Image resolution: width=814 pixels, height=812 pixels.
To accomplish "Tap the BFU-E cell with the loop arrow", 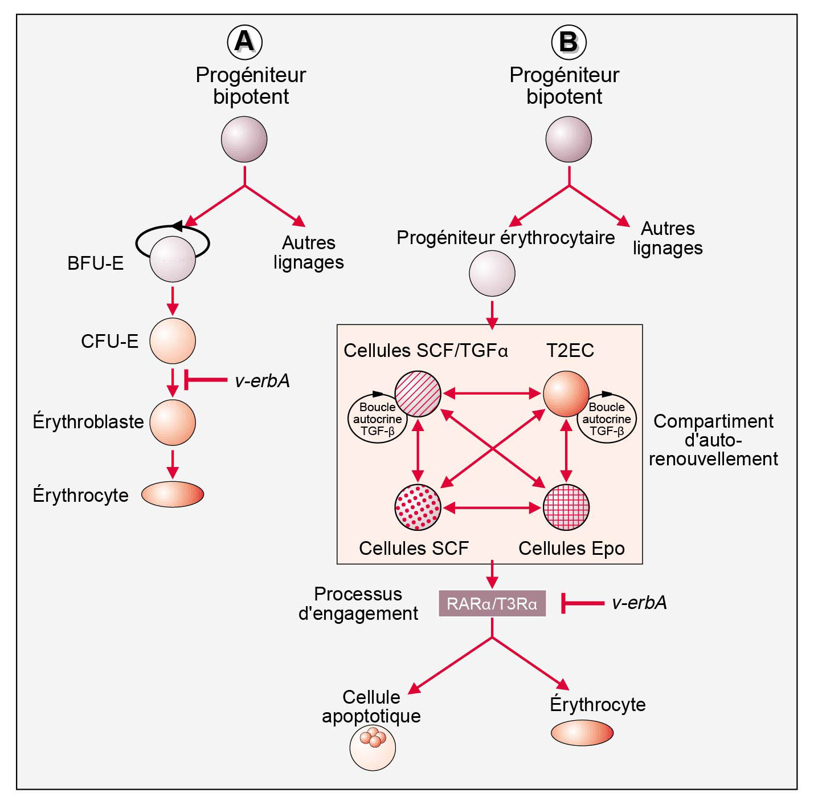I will point(173,259).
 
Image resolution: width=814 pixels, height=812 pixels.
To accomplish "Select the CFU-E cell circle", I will point(173,341).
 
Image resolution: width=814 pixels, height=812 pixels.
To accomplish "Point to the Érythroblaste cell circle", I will point(173,423).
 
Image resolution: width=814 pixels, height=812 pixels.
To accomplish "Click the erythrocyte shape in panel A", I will point(173,494).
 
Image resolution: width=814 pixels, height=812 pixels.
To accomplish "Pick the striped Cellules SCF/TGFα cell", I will point(418,393).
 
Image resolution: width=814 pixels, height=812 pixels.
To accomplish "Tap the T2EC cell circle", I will point(566,393).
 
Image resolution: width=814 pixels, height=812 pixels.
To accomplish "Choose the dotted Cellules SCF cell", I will point(418,507).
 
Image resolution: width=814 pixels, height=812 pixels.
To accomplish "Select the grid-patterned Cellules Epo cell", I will point(566,507).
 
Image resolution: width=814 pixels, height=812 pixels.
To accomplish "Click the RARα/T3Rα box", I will point(492,603).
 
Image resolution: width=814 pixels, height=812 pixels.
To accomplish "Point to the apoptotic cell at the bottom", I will point(373,748).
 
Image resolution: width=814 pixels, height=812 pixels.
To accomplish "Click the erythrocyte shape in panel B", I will point(582,733).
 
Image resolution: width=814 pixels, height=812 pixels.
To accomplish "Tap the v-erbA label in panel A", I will point(262,380).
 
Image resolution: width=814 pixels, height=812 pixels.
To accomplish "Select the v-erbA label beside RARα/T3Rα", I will point(639,603).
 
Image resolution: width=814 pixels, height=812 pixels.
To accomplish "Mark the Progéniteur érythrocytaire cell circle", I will point(492,274).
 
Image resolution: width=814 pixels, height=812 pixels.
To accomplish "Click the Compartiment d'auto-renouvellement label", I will point(713,440).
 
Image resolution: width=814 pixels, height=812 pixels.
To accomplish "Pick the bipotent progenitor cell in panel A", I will point(244,139).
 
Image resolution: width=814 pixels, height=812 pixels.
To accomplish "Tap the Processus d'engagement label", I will point(358,603).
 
